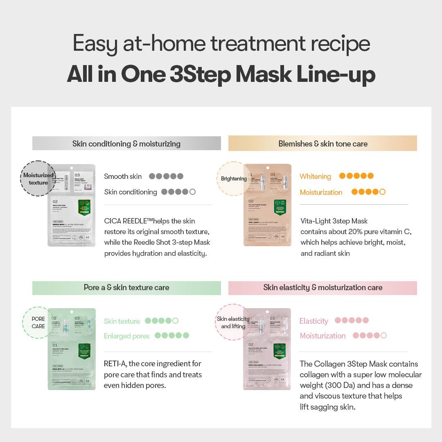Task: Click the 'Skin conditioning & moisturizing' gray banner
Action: (x=126, y=144)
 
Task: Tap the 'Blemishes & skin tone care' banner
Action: (x=322, y=144)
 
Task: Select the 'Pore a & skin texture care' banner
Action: (x=126, y=288)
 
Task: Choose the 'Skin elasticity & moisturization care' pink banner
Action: (x=322, y=288)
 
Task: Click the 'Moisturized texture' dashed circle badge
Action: (x=38, y=179)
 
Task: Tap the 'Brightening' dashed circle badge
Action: (x=234, y=179)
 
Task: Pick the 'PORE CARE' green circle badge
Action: (x=38, y=322)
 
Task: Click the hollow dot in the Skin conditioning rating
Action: (x=192, y=192)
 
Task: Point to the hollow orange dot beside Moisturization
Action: (x=382, y=192)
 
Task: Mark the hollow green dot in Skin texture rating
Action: (x=175, y=321)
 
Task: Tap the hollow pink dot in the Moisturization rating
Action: (x=383, y=336)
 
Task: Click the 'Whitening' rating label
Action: (x=315, y=176)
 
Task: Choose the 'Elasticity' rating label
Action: (x=313, y=321)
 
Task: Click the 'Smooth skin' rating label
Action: (x=123, y=176)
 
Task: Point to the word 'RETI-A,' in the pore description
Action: (x=115, y=364)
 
